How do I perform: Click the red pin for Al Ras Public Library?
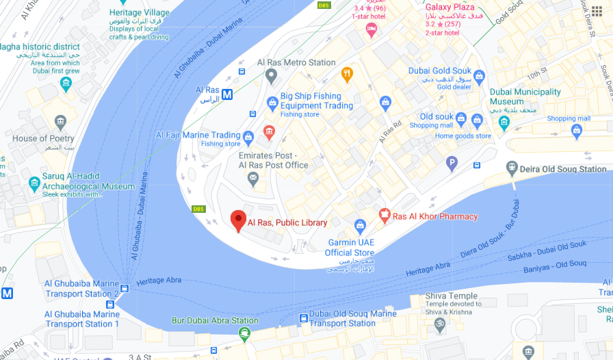(x=238, y=220)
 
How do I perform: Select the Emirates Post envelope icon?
(x=253, y=179)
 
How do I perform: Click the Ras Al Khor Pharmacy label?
(x=434, y=216)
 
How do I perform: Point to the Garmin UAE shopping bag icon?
(x=360, y=224)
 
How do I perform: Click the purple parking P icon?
(x=452, y=164)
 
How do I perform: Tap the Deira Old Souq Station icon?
(x=511, y=168)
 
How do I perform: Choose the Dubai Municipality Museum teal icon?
(x=504, y=123)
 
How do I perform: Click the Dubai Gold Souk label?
(x=440, y=70)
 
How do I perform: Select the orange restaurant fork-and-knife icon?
(x=347, y=74)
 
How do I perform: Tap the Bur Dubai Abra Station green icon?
(x=244, y=334)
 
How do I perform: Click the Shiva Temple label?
(x=452, y=296)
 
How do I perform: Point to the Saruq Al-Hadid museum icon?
(x=34, y=183)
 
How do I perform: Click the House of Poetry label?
(x=43, y=138)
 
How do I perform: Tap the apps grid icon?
(x=597, y=11)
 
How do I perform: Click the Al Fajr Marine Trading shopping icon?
(x=248, y=136)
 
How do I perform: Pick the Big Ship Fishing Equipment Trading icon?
(x=272, y=103)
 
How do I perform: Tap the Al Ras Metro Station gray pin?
(x=271, y=75)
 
